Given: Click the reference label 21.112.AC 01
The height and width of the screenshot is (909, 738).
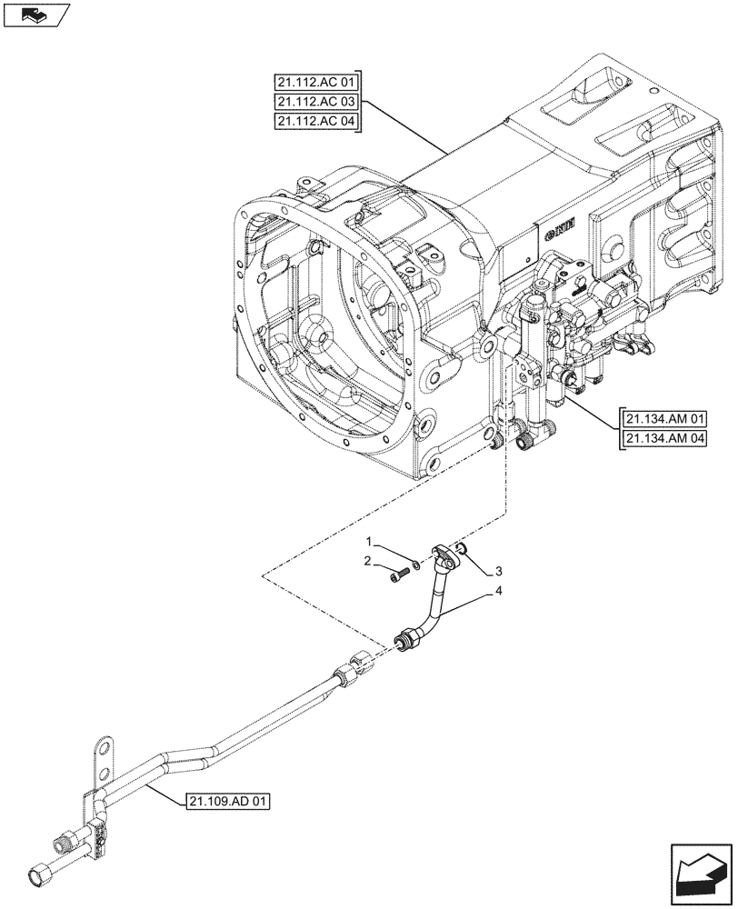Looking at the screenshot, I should pos(316,80).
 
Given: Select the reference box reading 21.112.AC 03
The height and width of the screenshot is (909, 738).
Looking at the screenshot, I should pos(316,102).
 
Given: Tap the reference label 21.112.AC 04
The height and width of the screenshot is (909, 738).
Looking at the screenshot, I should pos(316,123).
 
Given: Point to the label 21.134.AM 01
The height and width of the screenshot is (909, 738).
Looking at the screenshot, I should pos(665,419).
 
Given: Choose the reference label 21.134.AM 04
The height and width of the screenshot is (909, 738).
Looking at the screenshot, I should pos(665,440).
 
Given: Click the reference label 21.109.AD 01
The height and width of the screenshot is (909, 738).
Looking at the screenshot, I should pos(227,801).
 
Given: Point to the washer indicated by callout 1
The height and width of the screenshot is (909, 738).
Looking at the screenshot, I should pos(415,565).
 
